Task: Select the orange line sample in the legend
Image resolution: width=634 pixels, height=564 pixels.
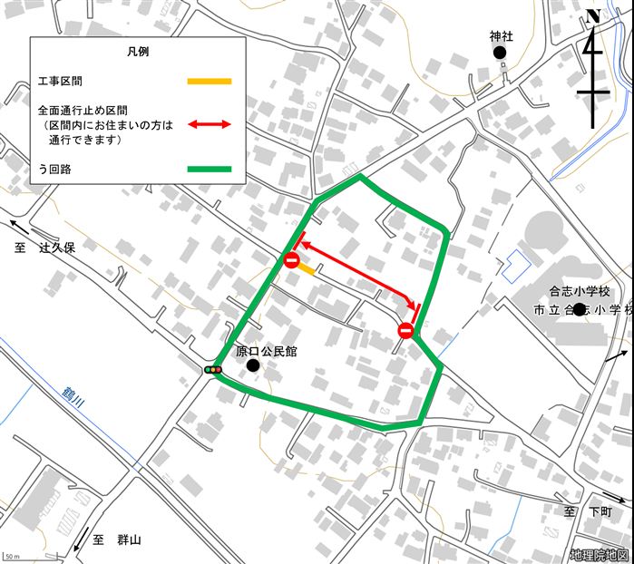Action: tap(210, 82)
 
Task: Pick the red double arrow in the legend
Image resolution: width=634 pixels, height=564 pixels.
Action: tap(210, 124)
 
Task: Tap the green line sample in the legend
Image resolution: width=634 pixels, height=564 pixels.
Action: tap(210, 169)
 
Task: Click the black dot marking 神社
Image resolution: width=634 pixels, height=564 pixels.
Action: tap(499, 53)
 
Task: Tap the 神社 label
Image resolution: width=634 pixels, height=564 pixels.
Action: tap(501, 37)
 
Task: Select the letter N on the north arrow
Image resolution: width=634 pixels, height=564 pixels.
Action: tap(593, 15)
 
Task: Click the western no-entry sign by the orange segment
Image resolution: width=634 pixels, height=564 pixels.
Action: tap(291, 261)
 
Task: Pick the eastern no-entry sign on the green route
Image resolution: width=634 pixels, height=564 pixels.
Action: tap(405, 331)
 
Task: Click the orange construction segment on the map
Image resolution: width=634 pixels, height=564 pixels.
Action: tap(307, 269)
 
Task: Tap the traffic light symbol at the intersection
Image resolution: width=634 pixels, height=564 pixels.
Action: tap(213, 369)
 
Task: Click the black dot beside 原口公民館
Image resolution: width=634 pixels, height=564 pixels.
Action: tap(253, 365)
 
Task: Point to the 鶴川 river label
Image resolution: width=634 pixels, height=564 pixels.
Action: tap(71, 398)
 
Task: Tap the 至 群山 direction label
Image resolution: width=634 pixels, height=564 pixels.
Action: tap(116, 540)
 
